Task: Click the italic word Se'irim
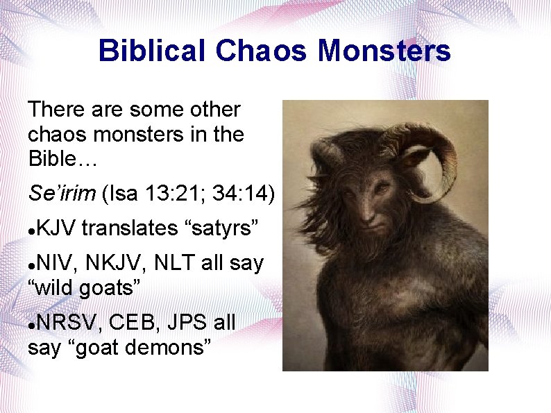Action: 62,195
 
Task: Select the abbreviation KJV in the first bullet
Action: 58,227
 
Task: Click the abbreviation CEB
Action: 133,323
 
